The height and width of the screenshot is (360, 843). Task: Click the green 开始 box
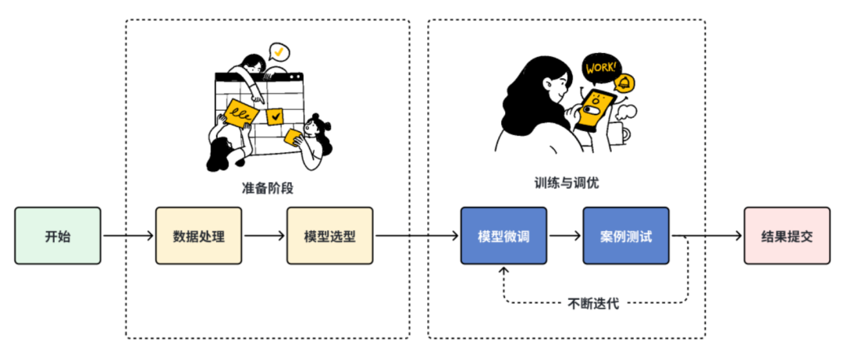(x=58, y=235)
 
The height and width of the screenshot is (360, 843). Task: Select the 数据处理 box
(x=199, y=235)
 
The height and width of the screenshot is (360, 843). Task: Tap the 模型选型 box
(x=330, y=235)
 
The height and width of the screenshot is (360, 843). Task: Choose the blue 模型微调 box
(x=503, y=235)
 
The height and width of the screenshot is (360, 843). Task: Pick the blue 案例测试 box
(x=626, y=235)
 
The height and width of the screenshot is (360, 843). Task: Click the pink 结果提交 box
(x=786, y=235)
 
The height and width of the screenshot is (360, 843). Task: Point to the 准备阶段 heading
(x=268, y=188)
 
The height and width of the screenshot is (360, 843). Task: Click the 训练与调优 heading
(x=567, y=182)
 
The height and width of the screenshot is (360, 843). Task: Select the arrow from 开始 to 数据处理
(x=128, y=235)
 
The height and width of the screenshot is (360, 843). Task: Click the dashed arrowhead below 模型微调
(x=503, y=271)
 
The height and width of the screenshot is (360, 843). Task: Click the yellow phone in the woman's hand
(x=595, y=110)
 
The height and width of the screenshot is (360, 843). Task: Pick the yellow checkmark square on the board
(x=276, y=117)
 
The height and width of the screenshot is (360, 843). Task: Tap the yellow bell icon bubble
(x=624, y=82)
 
